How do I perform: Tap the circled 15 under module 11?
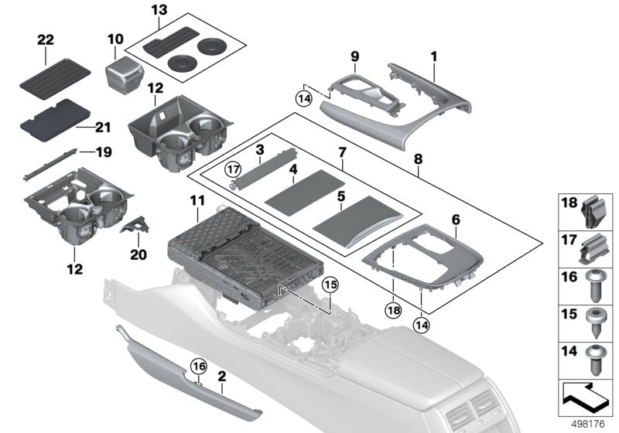330,285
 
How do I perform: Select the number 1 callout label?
434,56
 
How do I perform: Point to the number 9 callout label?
355,56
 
